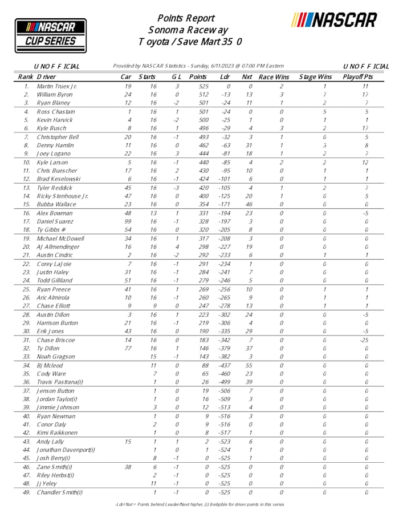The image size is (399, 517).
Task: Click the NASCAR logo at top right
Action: coord(335,20)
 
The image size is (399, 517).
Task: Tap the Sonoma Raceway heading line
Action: coord(188,30)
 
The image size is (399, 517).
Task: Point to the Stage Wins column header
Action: coord(315,76)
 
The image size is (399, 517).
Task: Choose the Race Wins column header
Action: coord(274,76)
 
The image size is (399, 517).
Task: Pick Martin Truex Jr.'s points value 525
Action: coord(198,86)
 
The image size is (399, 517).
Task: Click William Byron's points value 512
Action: coord(198,95)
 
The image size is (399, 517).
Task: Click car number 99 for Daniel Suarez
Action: coord(129,221)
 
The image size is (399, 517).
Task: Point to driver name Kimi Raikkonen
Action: coord(57,433)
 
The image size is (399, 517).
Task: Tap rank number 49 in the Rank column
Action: coord(26,492)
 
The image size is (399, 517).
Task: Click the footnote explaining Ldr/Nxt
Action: coord(199,504)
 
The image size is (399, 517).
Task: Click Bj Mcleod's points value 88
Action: coord(198,365)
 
